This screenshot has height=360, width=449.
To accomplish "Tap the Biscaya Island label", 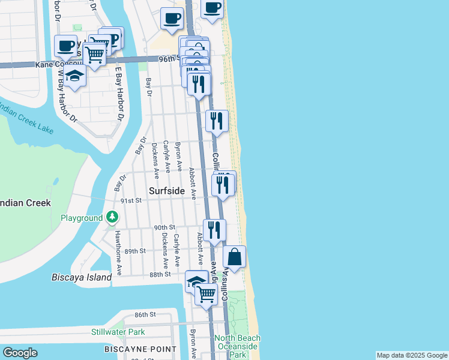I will (82, 277).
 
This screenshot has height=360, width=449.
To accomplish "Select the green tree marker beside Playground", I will (112, 217).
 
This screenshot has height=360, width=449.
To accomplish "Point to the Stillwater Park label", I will (118, 332).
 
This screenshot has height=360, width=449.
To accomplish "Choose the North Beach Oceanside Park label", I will (237, 347).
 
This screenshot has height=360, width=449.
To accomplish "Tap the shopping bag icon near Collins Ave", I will (234, 257).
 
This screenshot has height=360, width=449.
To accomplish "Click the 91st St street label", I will (130, 200).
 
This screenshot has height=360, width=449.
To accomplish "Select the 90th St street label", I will (164, 228).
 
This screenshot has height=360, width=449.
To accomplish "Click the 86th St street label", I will (145, 314).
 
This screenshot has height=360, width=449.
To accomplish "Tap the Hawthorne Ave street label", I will (118, 253).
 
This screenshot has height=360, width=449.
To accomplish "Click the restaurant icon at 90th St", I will (214, 230).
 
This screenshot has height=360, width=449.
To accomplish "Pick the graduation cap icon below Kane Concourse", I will (74, 76).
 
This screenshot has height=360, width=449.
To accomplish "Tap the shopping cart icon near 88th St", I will (206, 293).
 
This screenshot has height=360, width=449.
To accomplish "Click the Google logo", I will (20, 353).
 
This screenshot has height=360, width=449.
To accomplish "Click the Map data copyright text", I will (412, 355).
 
